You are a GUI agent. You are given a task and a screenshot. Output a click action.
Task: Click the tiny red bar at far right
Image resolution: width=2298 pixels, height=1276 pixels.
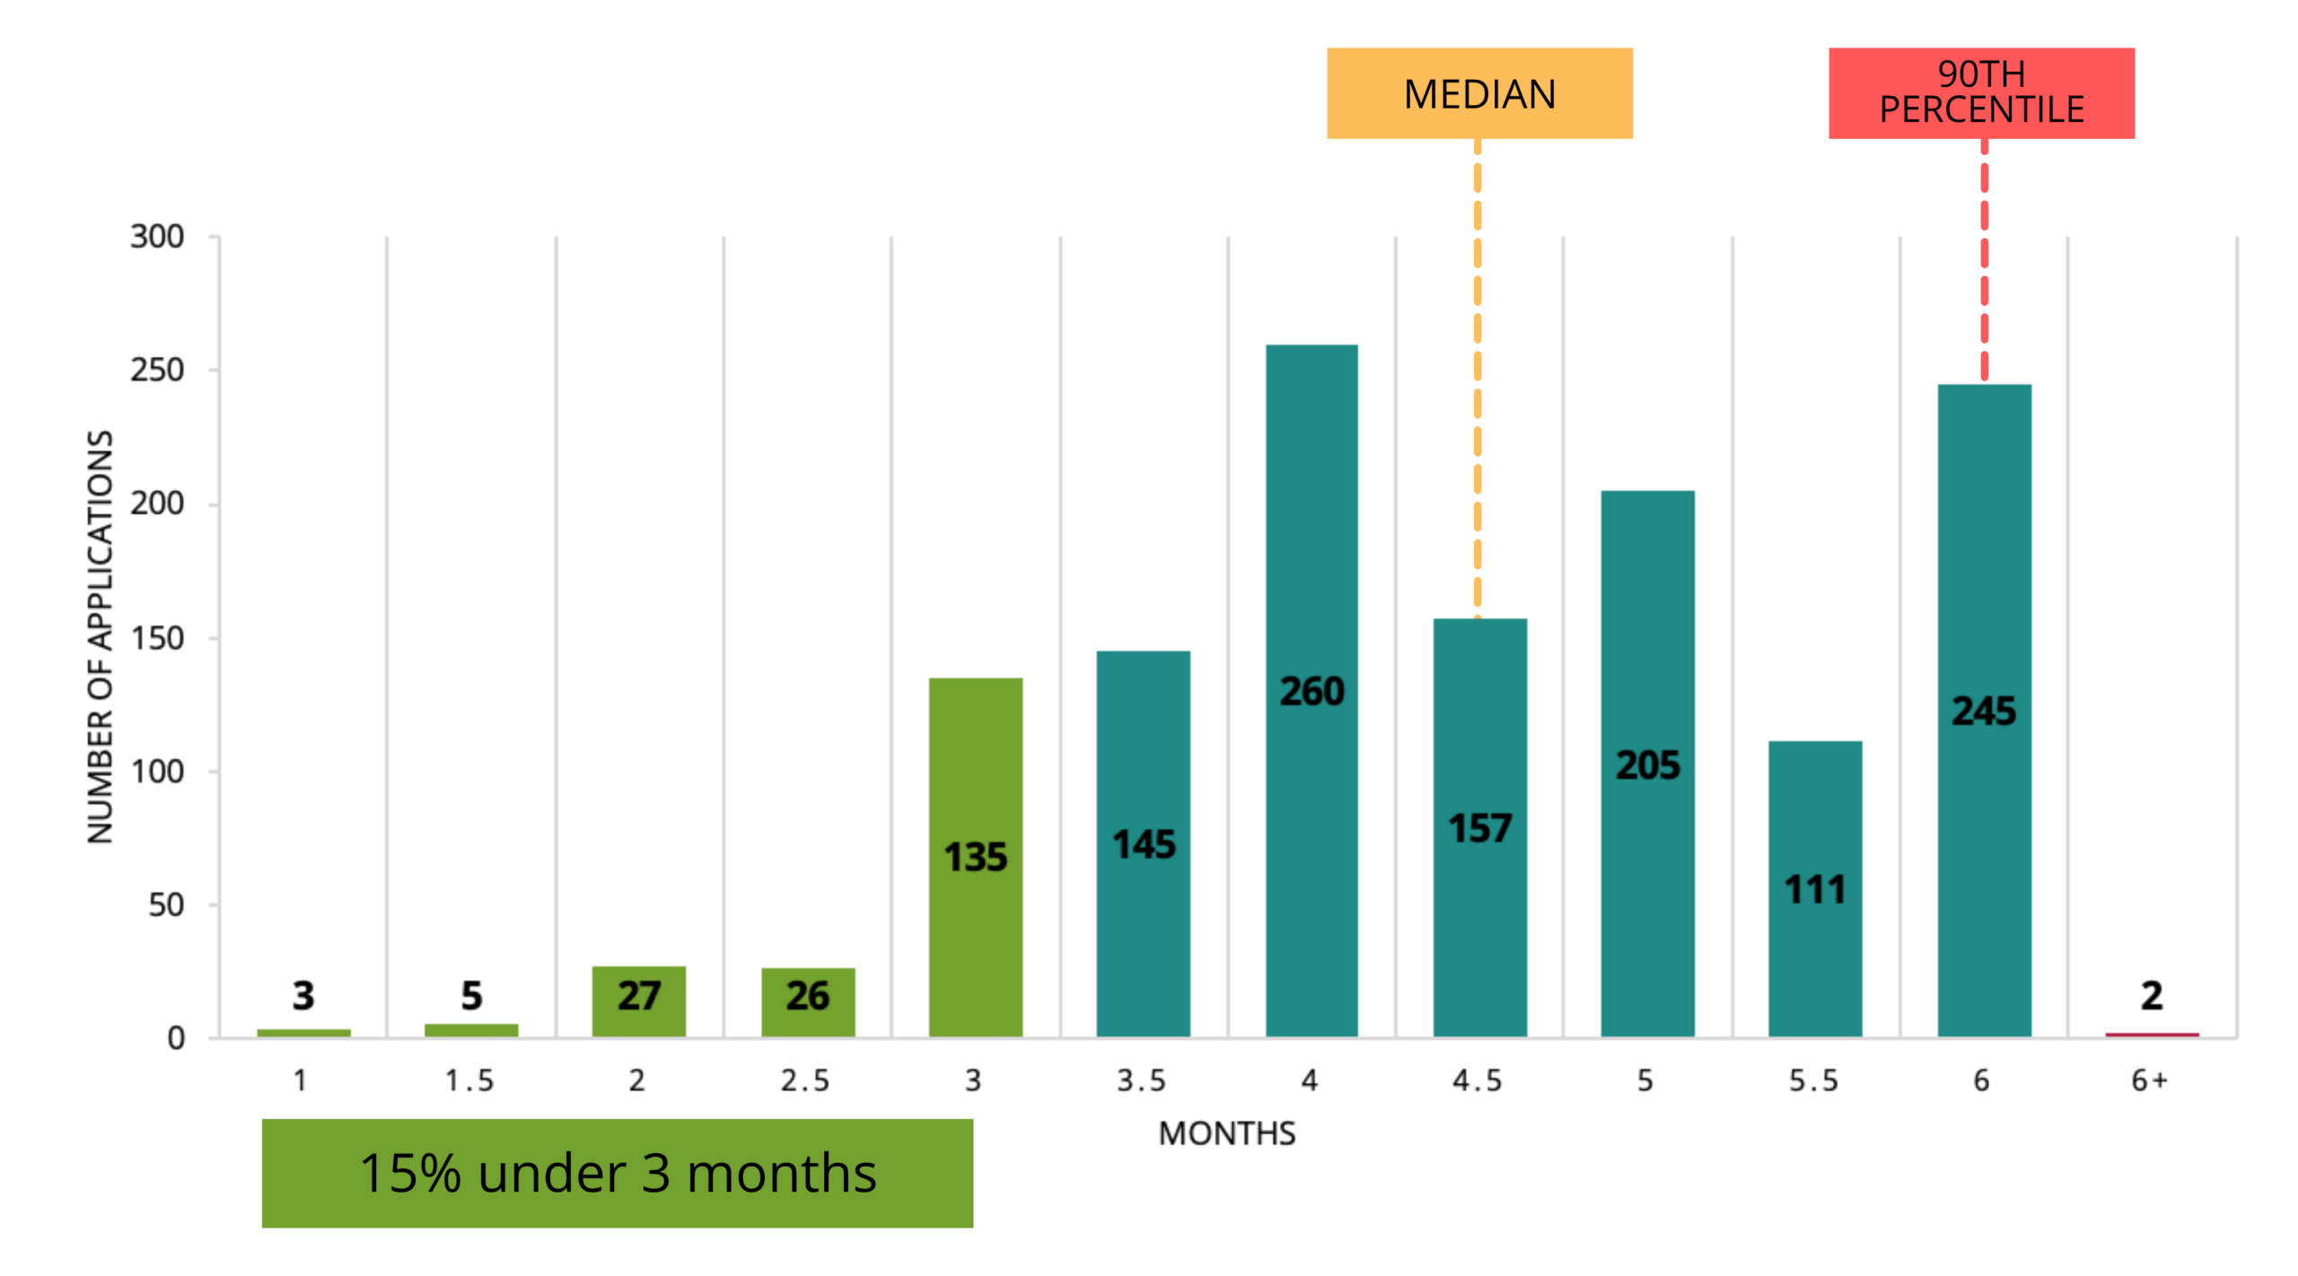tap(2152, 1034)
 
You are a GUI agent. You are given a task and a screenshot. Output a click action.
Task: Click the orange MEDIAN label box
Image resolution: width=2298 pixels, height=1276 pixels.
tap(1479, 93)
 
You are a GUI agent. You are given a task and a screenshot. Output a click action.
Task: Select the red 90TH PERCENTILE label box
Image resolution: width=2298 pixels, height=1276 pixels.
tap(1981, 93)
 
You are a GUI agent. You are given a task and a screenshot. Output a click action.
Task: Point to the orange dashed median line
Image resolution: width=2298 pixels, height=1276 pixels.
tap(1478, 377)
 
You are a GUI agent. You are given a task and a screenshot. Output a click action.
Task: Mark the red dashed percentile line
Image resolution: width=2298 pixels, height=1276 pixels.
tap(1984, 260)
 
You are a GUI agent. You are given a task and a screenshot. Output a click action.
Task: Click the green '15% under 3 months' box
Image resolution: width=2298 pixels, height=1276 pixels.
tap(618, 1173)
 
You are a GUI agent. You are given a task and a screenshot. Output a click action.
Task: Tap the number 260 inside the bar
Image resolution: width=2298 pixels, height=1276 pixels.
tap(1311, 691)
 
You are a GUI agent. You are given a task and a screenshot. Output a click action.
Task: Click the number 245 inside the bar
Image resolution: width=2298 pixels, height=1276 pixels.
tap(1984, 711)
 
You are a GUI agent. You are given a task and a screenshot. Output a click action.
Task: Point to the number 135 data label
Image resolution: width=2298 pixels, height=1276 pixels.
tap(976, 857)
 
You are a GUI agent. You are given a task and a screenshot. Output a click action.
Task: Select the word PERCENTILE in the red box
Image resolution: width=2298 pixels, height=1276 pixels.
tap(1981, 110)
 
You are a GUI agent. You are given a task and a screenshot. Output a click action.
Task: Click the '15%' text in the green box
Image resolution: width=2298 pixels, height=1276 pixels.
tap(410, 1173)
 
